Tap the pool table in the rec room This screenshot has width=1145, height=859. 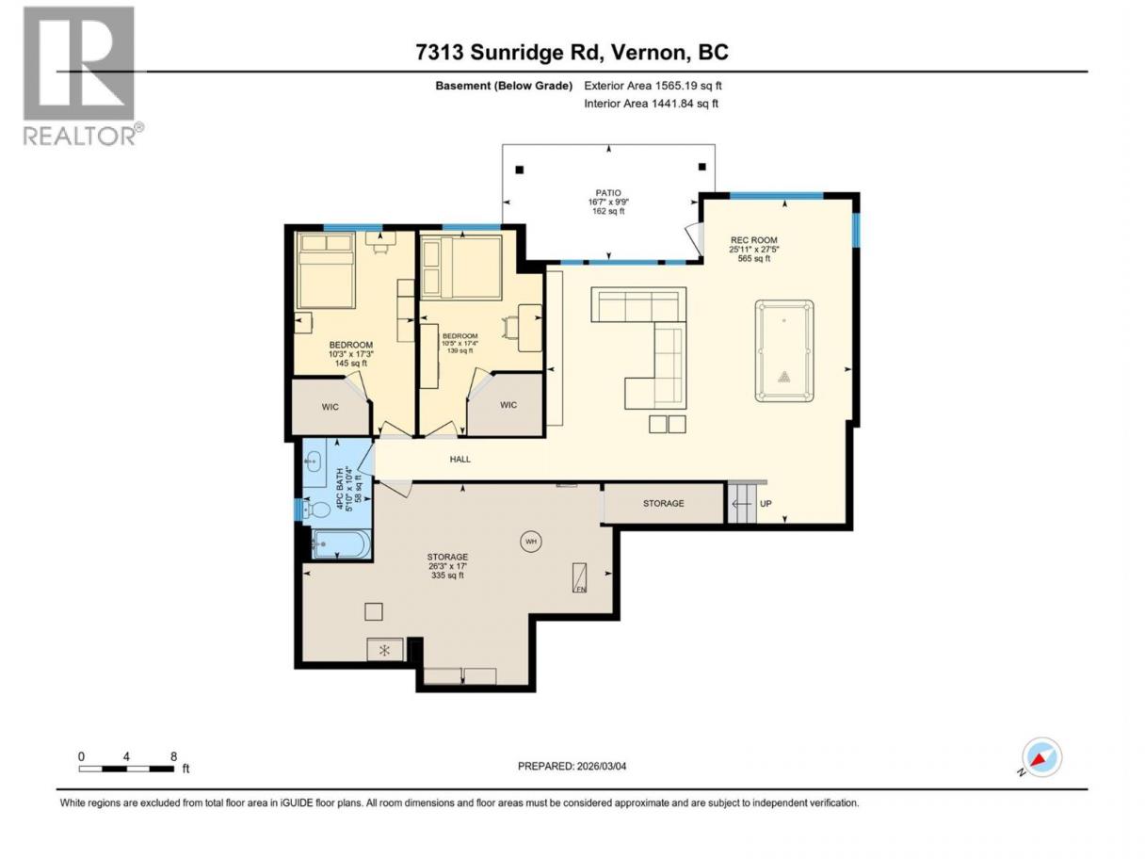[x=783, y=350]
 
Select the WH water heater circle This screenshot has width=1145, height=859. [x=530, y=541]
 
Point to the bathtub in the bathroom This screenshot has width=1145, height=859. [x=341, y=544]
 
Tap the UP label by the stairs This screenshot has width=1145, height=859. [x=766, y=503]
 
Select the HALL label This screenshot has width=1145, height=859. [x=460, y=459]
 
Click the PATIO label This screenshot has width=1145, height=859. [x=608, y=192]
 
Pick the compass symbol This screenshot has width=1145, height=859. [x=1041, y=757]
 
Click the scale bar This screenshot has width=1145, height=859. [x=126, y=769]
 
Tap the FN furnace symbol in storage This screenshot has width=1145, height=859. [x=579, y=577]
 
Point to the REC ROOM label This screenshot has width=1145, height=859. [x=754, y=240]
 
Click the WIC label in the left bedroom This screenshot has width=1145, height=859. [x=330, y=407]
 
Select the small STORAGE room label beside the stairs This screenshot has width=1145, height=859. [x=663, y=503]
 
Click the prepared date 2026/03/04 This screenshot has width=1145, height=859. [x=602, y=766]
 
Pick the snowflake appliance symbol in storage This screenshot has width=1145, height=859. [x=384, y=650]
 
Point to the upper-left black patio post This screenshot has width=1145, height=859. [x=520, y=170]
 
